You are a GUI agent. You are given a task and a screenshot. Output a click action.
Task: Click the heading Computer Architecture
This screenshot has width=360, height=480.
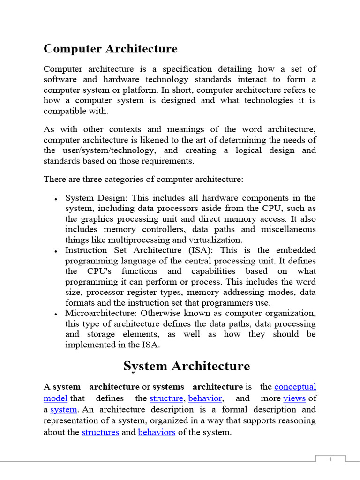click(110, 49)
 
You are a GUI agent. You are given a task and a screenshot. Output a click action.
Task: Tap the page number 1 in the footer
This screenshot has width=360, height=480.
click(330, 459)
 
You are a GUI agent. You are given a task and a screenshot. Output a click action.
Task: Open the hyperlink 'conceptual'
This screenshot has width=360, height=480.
click(295, 387)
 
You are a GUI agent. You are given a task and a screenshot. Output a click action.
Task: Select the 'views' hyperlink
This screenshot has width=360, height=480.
click(294, 398)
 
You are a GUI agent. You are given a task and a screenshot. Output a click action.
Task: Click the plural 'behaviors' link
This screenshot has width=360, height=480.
click(157, 432)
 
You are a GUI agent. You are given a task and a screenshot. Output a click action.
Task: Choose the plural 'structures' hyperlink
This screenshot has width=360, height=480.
click(100, 432)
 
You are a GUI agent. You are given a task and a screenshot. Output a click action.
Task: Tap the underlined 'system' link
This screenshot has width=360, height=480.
click(63, 409)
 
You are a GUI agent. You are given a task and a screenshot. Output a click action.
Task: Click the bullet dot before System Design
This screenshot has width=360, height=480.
click(56, 199)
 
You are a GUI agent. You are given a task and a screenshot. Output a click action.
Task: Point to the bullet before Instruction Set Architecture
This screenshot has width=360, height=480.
click(56, 251)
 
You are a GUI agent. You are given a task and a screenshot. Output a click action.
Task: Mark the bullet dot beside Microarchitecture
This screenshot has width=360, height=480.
click(56, 314)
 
